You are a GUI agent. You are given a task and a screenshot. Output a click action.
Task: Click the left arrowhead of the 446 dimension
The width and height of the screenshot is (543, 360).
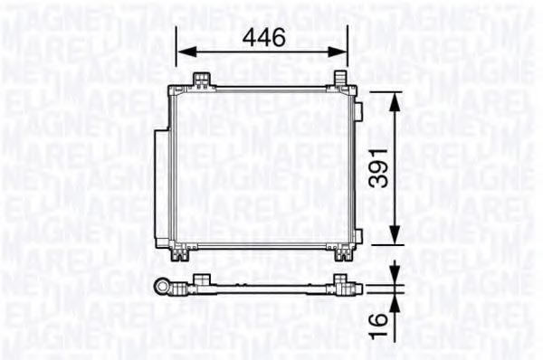(181, 52)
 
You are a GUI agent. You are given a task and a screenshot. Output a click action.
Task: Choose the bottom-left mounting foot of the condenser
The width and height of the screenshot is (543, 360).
(184, 255)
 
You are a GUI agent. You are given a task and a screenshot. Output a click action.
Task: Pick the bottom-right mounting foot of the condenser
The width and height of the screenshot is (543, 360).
(342, 255)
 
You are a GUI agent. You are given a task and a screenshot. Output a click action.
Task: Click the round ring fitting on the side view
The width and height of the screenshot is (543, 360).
(166, 288)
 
